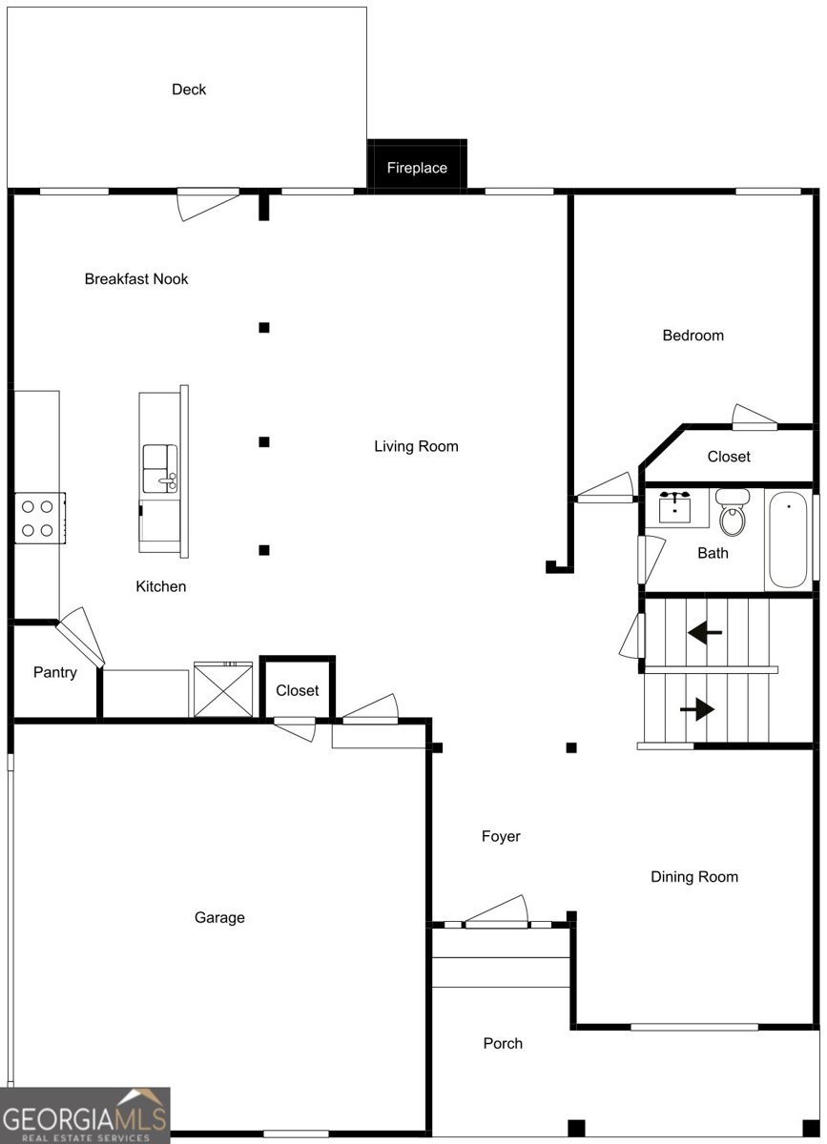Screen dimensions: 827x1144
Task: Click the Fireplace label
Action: (x=417, y=168)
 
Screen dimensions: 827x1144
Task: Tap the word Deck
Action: (x=189, y=90)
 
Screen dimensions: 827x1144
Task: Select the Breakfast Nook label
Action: (x=136, y=278)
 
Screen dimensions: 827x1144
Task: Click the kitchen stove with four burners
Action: (x=40, y=518)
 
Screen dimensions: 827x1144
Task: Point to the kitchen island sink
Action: (x=160, y=468)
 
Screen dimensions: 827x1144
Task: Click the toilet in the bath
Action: (x=733, y=512)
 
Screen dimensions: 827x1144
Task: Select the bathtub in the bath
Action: (x=788, y=540)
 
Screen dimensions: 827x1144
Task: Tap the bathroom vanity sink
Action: (x=674, y=507)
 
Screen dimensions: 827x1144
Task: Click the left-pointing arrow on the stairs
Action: (x=705, y=633)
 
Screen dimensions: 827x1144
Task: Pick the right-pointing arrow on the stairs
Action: (x=697, y=709)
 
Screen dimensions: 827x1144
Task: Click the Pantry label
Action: (x=55, y=673)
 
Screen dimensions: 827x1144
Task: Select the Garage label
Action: (x=219, y=918)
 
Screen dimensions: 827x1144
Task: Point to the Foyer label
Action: (x=501, y=837)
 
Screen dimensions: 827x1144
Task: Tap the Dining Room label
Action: (x=694, y=877)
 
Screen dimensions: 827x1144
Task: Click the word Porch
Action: (x=503, y=1043)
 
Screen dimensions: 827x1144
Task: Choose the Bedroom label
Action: (x=693, y=336)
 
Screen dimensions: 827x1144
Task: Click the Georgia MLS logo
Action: (x=85, y=1115)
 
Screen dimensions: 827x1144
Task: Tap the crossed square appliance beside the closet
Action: (x=223, y=689)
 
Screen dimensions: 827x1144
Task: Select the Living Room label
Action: (x=416, y=447)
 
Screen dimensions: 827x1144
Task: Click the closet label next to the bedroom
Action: (x=729, y=457)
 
